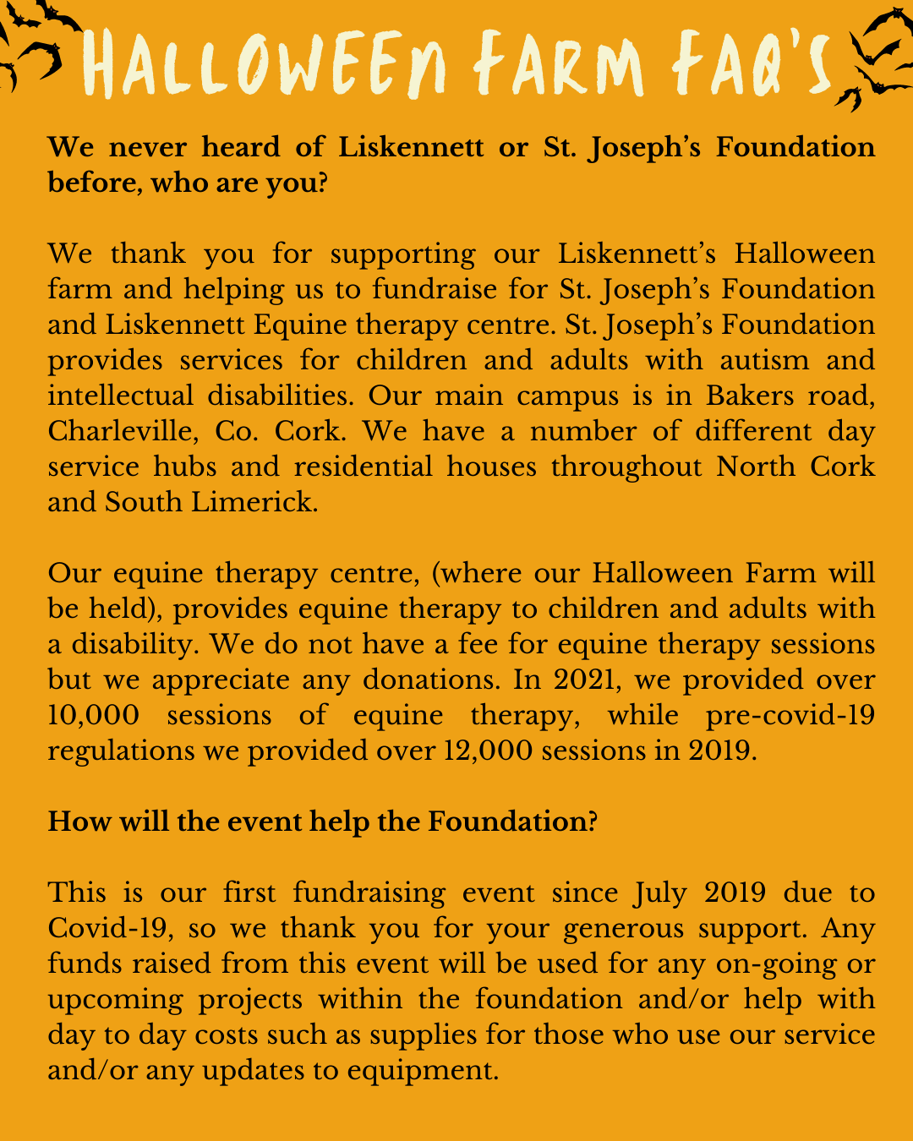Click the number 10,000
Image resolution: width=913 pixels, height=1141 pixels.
[x=93, y=715]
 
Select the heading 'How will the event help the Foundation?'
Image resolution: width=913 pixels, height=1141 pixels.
[x=322, y=822]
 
